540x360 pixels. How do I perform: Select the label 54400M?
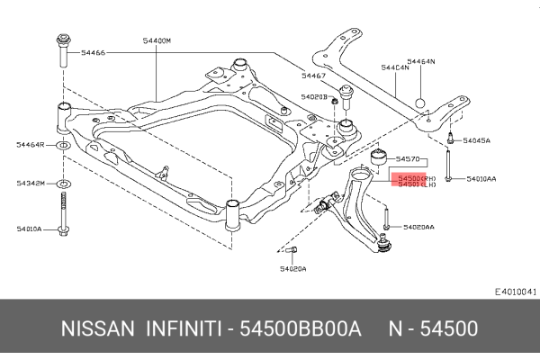tap(156, 40)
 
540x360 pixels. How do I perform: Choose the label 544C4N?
tap(394, 67)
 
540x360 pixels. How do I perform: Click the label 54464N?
tap(419, 61)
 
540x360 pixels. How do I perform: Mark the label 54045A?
tap(476, 140)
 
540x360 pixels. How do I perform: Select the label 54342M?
tap(31, 184)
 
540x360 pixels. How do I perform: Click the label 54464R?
tap(31, 144)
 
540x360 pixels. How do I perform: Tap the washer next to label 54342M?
tap(65, 184)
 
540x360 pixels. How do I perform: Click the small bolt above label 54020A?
tap(292, 250)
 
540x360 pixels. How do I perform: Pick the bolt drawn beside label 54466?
tap(64, 52)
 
